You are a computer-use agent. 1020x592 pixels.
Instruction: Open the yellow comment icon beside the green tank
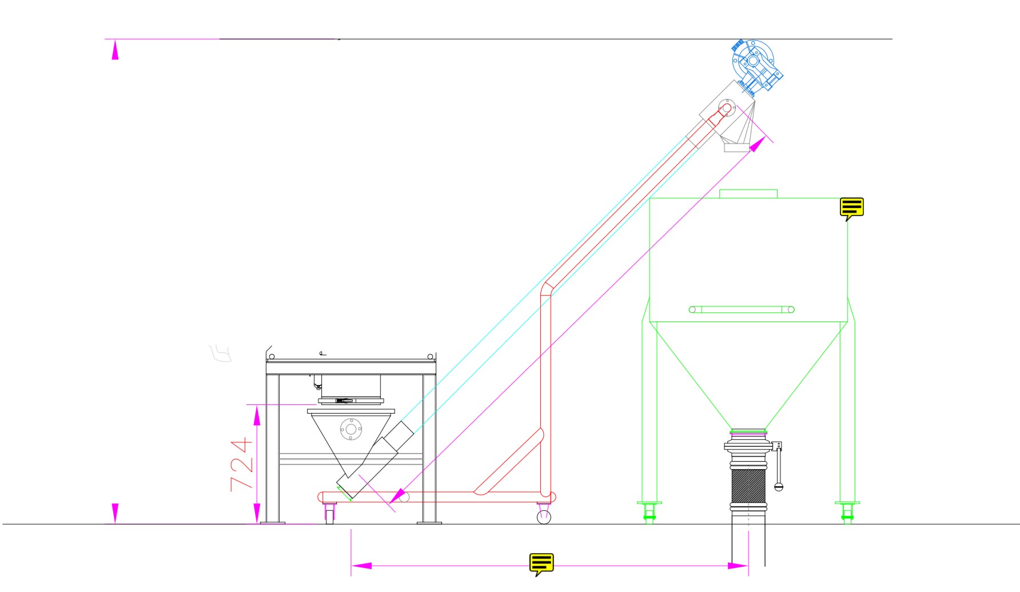851,209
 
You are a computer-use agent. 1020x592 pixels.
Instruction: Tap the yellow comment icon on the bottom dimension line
541,564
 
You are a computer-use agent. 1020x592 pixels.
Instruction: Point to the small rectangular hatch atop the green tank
748,194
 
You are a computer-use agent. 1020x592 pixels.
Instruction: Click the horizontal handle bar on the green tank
742,309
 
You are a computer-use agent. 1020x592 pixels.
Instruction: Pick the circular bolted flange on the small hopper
350,429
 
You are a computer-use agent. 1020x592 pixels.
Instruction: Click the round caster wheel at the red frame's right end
544,516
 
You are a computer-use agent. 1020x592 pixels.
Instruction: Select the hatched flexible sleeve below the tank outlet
748,486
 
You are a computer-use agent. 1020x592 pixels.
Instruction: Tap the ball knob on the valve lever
778,487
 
